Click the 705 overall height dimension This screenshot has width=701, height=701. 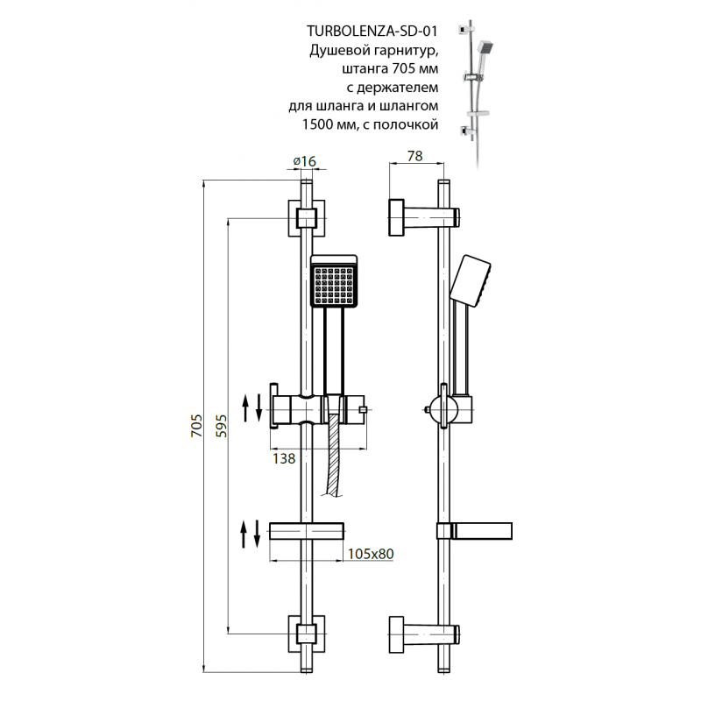[x=196, y=426]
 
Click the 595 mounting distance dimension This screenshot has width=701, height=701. [x=222, y=426]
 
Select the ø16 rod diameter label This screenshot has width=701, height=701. [x=304, y=161]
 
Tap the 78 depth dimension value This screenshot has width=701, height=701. [x=414, y=156]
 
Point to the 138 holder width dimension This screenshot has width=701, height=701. [x=284, y=458]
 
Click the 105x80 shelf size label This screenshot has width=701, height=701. [x=371, y=554]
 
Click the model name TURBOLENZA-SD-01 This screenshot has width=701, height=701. [x=372, y=31]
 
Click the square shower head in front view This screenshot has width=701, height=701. [x=334, y=281]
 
